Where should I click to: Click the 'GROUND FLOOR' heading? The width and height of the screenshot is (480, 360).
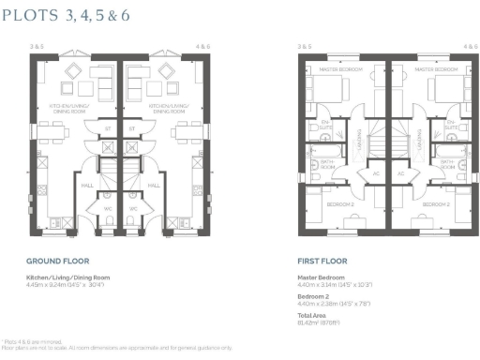pyautogui.click(x=54, y=264)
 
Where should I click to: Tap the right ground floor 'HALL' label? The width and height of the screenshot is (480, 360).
pyautogui.click(x=154, y=186)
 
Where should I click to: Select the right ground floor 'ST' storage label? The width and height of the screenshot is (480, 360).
pyautogui.click(x=132, y=128)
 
